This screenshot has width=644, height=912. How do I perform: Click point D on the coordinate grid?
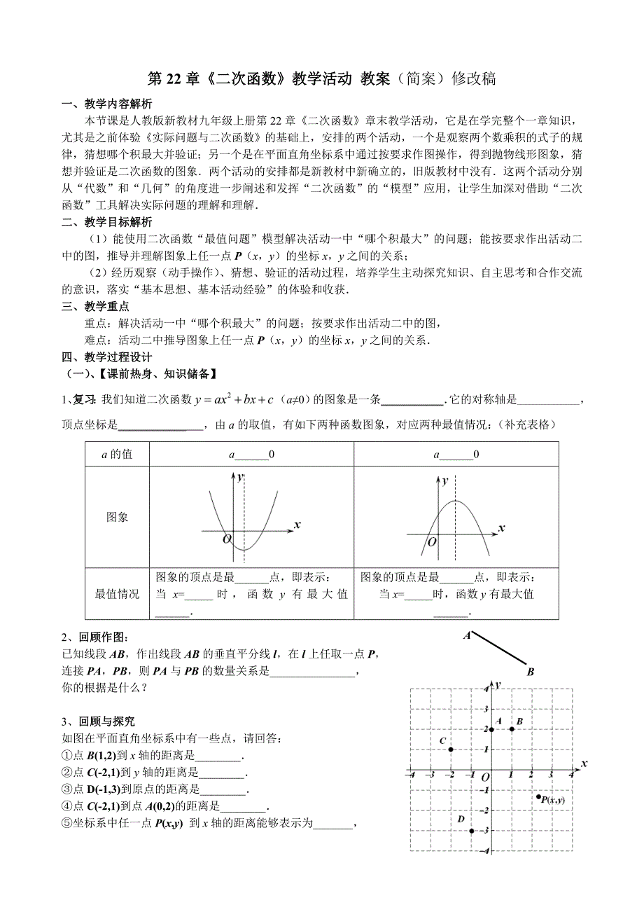pyautogui.click(x=472, y=831)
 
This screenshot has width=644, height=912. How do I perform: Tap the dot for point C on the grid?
pyautogui.click(x=451, y=749)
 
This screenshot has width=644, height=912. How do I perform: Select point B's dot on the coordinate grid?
pyautogui.click(x=512, y=729)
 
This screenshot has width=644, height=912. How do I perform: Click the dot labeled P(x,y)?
pyautogui.click(x=538, y=796)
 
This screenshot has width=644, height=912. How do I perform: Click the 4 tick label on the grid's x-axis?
pyautogui.click(x=572, y=775)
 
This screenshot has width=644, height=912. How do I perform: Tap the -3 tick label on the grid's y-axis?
pyautogui.click(x=484, y=831)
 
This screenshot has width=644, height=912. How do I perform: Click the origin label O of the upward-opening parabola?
pyautogui.click(x=226, y=539)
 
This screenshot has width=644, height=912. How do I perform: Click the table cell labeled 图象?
pyautogui.click(x=118, y=517)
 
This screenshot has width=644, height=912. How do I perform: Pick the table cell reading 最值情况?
pyautogui.click(x=118, y=594)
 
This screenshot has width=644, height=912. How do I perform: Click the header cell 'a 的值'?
pyautogui.click(x=117, y=455)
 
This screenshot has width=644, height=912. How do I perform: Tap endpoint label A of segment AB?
pyautogui.click(x=465, y=636)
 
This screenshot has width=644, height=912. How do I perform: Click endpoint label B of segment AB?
pyautogui.click(x=531, y=672)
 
